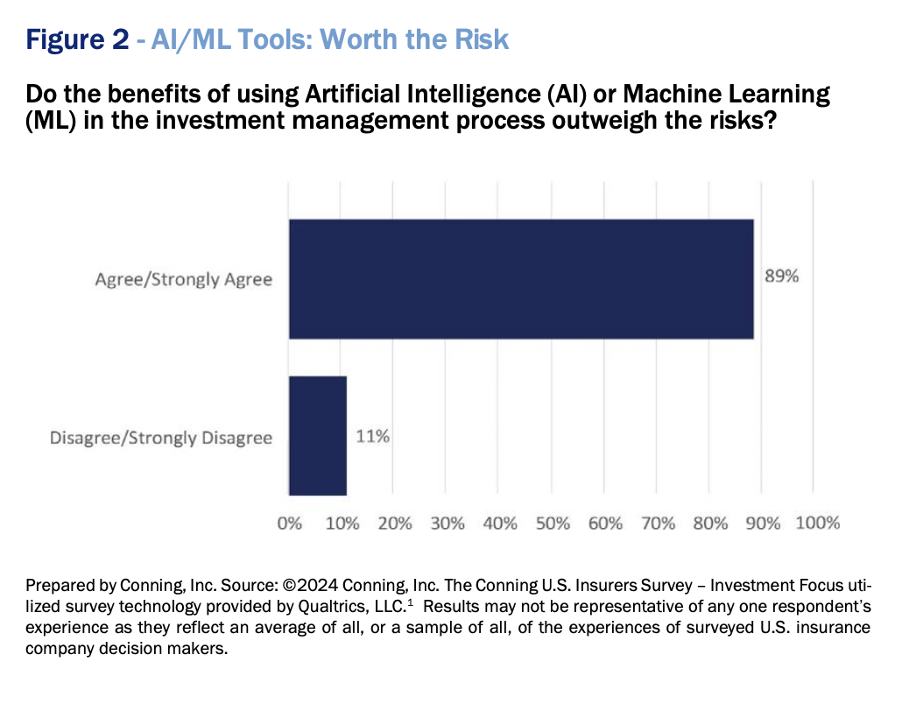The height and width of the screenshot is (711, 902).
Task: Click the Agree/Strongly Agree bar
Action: (521, 278)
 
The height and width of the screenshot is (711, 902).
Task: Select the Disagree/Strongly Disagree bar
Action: (318, 435)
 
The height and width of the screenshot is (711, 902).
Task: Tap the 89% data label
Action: (781, 277)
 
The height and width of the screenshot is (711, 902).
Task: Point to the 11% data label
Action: (372, 435)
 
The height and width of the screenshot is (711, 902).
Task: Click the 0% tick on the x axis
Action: (289, 523)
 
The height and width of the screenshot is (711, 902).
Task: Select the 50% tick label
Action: (553, 523)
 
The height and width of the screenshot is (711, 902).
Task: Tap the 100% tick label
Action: (818, 523)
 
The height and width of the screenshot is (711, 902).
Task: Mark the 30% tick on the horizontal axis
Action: (447, 523)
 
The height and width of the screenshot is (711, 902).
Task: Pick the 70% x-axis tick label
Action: (658, 523)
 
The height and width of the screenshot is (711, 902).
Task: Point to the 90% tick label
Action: (763, 523)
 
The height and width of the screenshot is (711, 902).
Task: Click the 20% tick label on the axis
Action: (395, 523)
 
